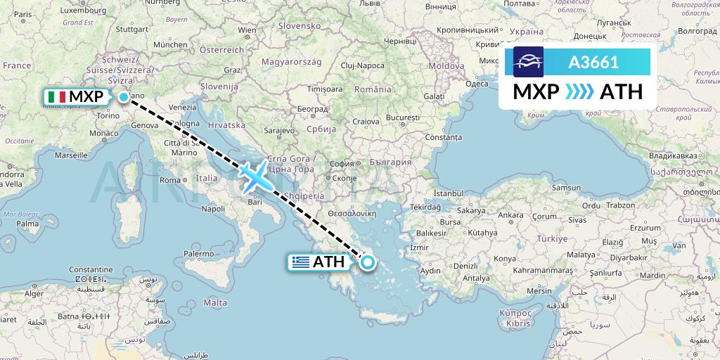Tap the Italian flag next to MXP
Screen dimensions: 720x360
pos(56,97)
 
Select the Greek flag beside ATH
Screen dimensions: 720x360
pos(301,262)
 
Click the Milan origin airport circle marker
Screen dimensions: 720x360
pos(124,97)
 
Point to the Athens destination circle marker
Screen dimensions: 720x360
pos(367,263)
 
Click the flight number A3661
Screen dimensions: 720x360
pos(593,62)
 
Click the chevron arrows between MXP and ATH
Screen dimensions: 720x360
pos(580,91)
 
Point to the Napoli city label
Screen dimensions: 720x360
pos(212,208)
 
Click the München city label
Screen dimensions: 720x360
pos(169,44)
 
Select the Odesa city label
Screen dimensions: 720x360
pos(477,84)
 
